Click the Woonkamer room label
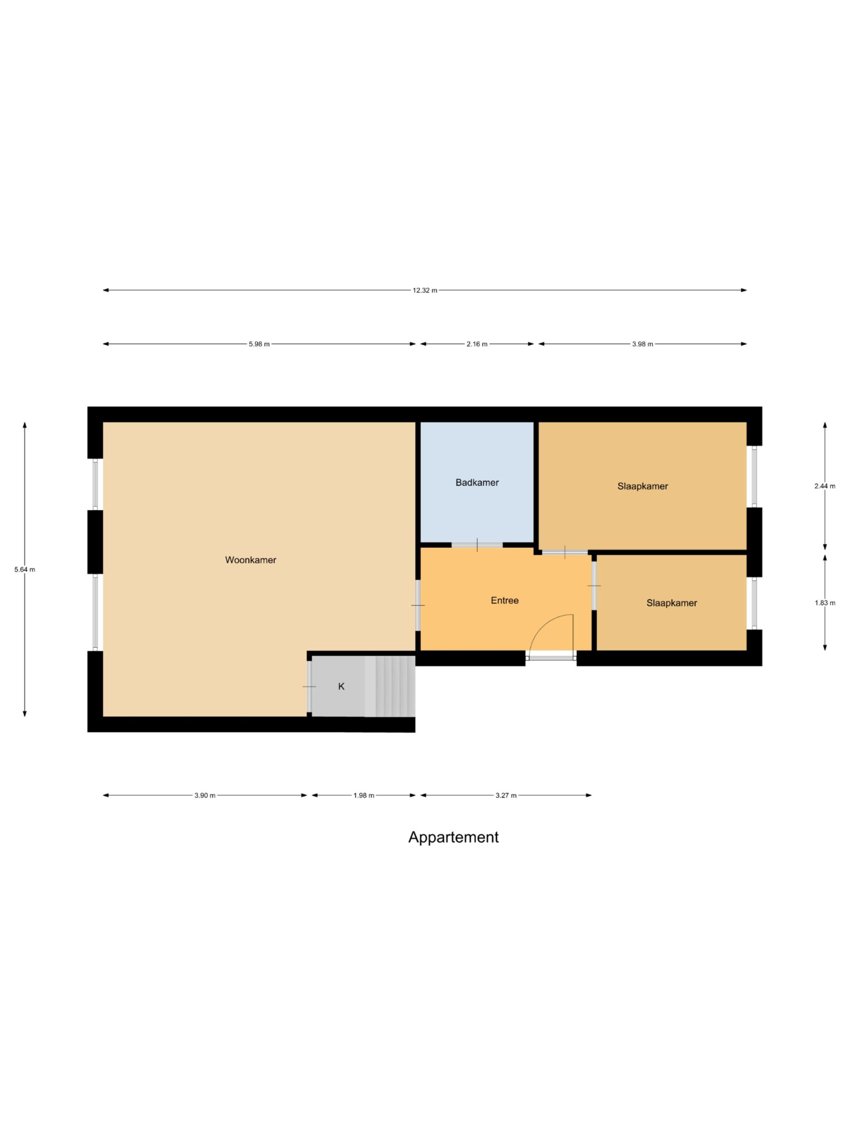point(251,560)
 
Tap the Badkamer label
point(477,482)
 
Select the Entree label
point(505,600)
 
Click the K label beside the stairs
point(341,686)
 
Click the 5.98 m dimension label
point(259,344)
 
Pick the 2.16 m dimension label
point(477,344)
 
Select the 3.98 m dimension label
point(642,344)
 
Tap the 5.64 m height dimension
point(25,569)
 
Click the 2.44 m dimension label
point(825,486)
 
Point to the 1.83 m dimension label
point(825,603)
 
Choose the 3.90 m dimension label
point(205,795)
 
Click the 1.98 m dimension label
point(364,795)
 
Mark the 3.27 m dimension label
point(506,795)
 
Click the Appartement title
point(453,837)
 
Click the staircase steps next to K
point(390,686)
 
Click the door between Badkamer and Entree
point(477,544)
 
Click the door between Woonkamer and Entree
point(418,605)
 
